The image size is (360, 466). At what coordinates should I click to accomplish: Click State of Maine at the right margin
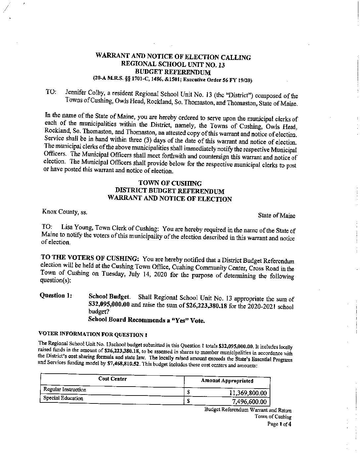point(276,215)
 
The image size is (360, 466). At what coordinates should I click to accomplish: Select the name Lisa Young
point(76,228)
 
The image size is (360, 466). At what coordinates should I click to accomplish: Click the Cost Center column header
point(112,379)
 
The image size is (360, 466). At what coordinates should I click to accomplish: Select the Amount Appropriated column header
point(227,381)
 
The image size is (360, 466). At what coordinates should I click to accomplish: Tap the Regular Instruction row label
point(65,390)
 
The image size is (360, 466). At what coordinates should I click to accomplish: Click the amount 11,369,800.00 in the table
point(248,393)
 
